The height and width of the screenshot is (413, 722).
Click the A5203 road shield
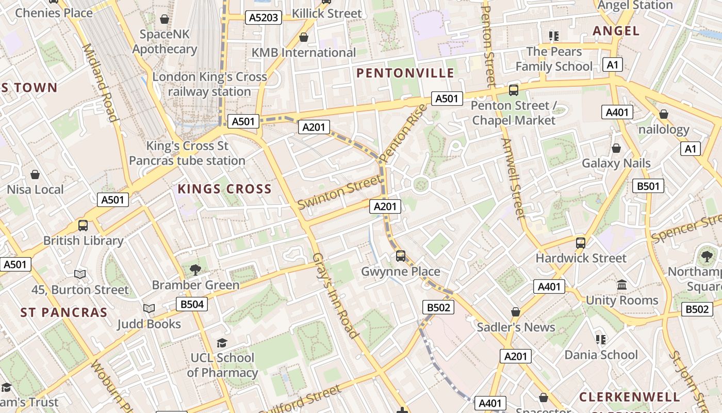coord(264,18)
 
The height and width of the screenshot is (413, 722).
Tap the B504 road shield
coord(192,304)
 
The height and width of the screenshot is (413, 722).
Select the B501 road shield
coord(648,186)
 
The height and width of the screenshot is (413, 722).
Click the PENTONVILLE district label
coord(405,73)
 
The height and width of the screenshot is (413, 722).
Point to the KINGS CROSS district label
coord(224,189)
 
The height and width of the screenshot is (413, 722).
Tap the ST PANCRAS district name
coord(64,312)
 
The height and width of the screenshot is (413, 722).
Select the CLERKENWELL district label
coord(629,397)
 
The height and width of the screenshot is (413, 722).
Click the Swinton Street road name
coord(340,192)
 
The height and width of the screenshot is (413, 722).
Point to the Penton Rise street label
coord(403,133)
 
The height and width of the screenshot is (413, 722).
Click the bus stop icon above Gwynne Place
coord(401,256)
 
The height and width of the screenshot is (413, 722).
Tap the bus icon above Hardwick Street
coord(581,243)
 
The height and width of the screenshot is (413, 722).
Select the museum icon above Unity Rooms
coord(622,285)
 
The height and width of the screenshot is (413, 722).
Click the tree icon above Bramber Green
coord(195,269)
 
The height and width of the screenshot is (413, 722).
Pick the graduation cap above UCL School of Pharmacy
coord(222,343)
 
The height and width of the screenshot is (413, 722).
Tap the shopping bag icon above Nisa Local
coord(35,174)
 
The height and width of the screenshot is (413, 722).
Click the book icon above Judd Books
coord(149,308)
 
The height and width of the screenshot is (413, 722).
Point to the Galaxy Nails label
coord(616,163)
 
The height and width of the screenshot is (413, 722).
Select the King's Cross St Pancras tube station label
coord(187,153)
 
